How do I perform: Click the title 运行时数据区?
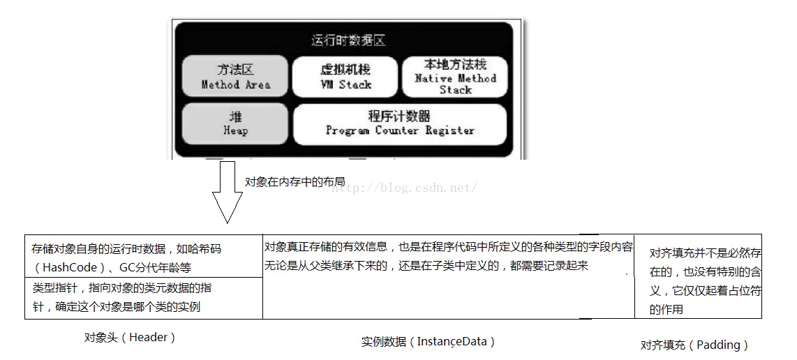point(348,40)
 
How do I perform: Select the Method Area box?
point(235,77)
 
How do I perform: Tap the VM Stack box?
point(345,77)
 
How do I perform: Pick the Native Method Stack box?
point(455,77)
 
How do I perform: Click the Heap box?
point(235,123)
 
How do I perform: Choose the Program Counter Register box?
point(400,123)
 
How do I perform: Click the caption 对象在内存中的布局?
point(295,181)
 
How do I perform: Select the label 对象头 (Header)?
point(130,338)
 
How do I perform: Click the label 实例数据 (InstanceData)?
point(428,341)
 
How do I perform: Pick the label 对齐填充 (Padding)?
point(694,345)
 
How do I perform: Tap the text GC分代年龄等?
point(155,267)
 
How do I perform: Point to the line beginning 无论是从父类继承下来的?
point(426,265)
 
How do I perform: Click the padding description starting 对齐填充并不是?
point(705,253)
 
